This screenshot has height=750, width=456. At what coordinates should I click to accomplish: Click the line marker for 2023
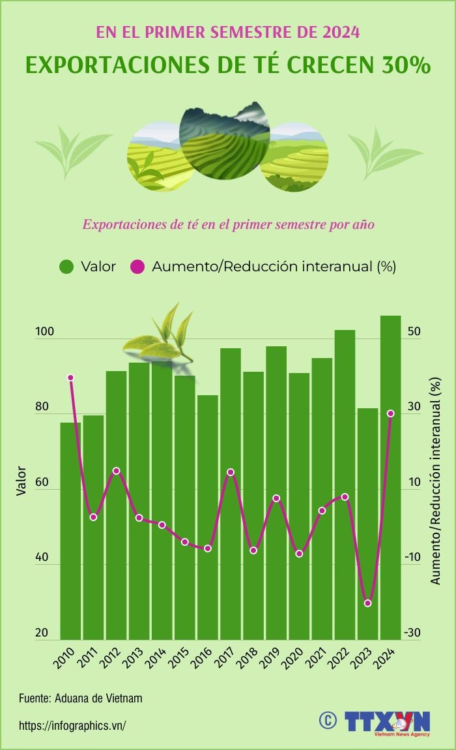(367, 603)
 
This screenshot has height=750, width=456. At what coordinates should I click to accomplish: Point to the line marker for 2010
(71, 378)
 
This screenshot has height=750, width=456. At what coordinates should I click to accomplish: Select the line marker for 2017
(231, 472)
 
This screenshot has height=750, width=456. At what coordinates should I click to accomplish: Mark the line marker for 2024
(390, 413)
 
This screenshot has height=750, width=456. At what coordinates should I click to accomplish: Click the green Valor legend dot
(67, 267)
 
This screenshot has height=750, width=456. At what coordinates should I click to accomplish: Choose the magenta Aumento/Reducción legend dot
(137, 267)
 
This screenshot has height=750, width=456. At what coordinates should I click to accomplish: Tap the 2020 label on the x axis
(292, 661)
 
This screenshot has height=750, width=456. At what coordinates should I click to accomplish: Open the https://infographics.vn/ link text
(72, 725)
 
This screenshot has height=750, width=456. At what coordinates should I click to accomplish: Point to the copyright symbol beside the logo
(327, 719)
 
